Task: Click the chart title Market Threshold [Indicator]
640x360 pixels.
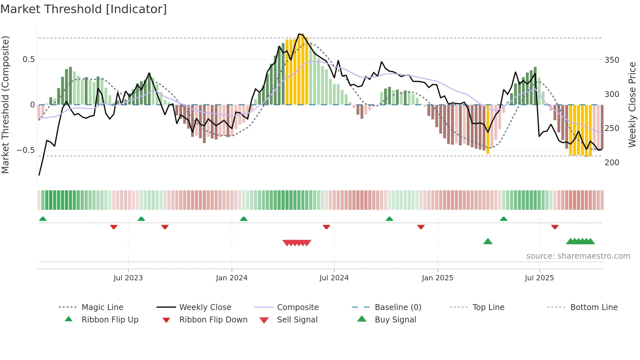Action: [x=84, y=9]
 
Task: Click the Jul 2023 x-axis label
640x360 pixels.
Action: [x=128, y=278]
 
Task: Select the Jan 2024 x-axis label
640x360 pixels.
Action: [x=232, y=278]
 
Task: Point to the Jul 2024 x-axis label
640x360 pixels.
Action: [x=334, y=278]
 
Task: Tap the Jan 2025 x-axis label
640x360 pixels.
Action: [x=437, y=278]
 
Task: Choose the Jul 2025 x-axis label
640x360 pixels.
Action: [x=539, y=278]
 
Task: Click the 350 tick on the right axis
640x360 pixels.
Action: [x=612, y=60]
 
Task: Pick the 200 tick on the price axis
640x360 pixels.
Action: [x=612, y=163]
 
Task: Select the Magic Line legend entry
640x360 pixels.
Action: [x=102, y=307]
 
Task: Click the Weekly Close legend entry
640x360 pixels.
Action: [x=205, y=307]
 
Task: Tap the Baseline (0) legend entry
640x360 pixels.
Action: [x=398, y=307]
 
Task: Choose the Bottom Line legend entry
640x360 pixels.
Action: [x=594, y=307]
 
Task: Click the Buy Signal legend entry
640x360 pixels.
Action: [x=395, y=320]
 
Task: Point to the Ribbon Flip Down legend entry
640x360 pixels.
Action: [x=213, y=320]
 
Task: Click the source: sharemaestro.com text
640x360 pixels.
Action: [x=578, y=256]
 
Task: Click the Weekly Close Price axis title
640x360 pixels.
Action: [x=632, y=105]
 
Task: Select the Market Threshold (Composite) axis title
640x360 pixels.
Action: [x=5, y=105]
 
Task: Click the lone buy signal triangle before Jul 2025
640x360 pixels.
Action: [x=488, y=241]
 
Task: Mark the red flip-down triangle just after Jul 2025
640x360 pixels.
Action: [x=555, y=227]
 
